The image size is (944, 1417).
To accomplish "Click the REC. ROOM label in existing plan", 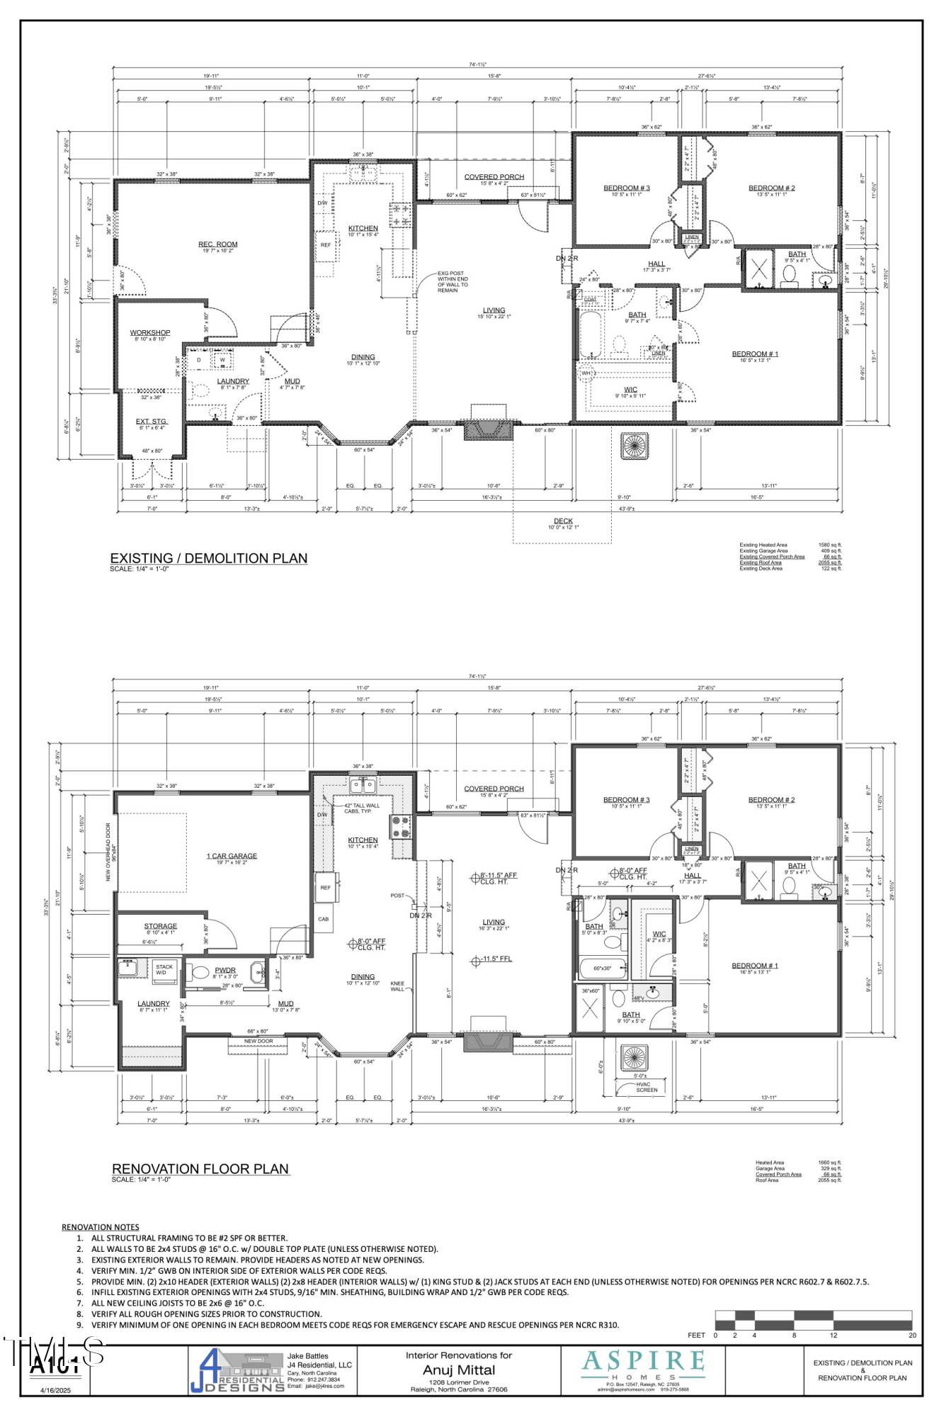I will pos(217,244).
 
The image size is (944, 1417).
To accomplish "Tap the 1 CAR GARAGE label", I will pos(232,856).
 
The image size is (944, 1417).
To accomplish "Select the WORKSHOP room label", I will pos(150,332).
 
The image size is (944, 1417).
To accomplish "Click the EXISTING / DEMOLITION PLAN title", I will pos(209,558).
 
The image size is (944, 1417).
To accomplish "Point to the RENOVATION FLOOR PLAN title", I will pos(200,1169).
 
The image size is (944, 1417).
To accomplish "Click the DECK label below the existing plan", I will pos(564,521).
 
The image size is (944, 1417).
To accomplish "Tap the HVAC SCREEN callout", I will pos(646,1087).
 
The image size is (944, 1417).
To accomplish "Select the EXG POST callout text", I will pos(452,281).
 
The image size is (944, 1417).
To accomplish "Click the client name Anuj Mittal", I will pos(459,1370).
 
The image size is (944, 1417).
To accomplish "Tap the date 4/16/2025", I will pos(55,1390).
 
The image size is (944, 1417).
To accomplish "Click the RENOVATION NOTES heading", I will pos(101,1227).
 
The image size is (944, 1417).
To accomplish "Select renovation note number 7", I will pos(177,1303).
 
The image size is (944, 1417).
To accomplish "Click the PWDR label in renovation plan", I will pos(225,970).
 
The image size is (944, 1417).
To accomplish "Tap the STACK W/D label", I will pos(164,969).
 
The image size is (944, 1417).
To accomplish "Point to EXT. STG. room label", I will pos(152,422).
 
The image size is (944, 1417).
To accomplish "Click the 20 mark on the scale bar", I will pos(912,1336).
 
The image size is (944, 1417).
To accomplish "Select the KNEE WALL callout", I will pos(397,986).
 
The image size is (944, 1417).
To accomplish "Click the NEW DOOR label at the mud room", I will pos(258,1041).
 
